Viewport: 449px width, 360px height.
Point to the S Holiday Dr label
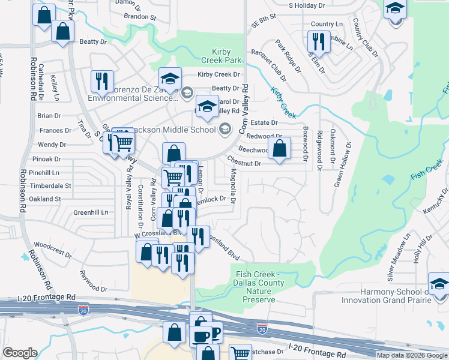coord(306,5)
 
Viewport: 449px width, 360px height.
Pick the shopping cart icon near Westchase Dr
coord(240,353)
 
